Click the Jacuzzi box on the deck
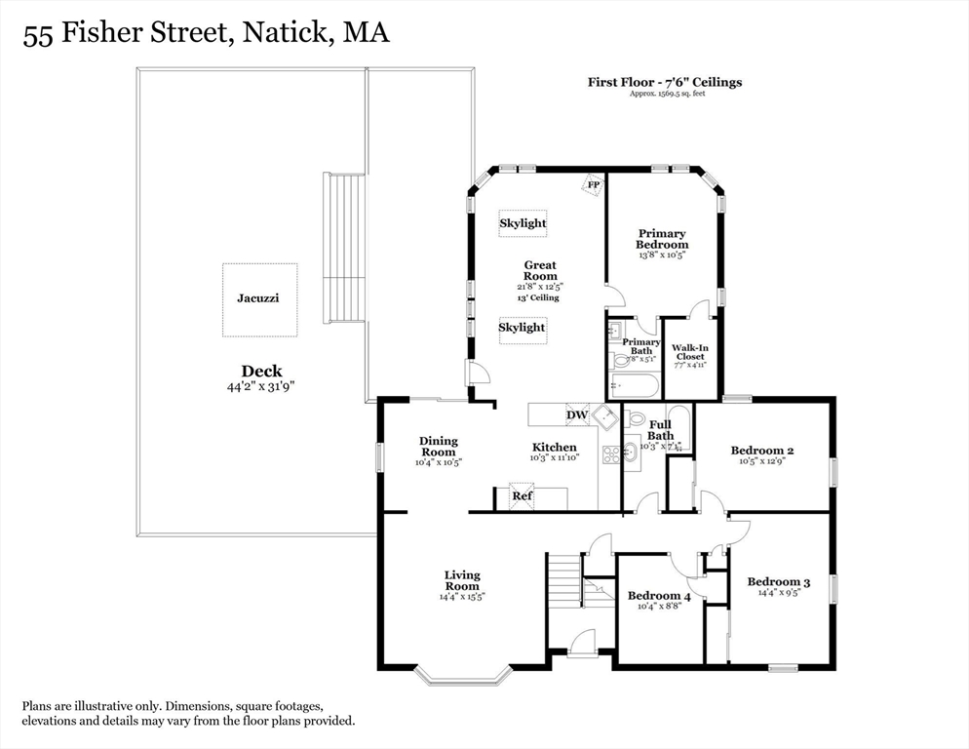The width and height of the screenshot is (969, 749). [x=258, y=299]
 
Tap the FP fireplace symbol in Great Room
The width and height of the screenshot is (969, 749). [x=592, y=184]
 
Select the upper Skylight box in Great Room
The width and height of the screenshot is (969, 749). [x=523, y=223]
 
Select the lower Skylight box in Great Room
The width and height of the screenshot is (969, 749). [x=523, y=329]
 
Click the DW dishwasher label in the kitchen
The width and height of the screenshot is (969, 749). [x=577, y=415]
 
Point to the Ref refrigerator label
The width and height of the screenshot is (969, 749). [x=523, y=496]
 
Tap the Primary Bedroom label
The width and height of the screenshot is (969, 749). [x=662, y=239]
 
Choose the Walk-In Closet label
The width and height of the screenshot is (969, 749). [x=689, y=352]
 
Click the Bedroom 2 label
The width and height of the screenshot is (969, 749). [x=762, y=451]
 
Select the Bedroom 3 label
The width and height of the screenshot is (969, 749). [x=778, y=582]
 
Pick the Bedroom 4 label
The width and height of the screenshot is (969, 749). [x=659, y=596]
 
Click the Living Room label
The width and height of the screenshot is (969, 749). [x=462, y=581]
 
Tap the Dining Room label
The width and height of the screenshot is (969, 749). [x=439, y=447]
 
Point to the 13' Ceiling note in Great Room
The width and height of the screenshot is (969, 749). [x=540, y=298]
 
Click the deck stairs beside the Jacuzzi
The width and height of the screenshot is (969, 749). [x=344, y=248]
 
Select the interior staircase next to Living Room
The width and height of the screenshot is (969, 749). [x=564, y=585]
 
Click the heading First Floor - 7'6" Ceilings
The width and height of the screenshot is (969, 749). [x=664, y=82]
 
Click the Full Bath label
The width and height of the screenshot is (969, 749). [x=660, y=430]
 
